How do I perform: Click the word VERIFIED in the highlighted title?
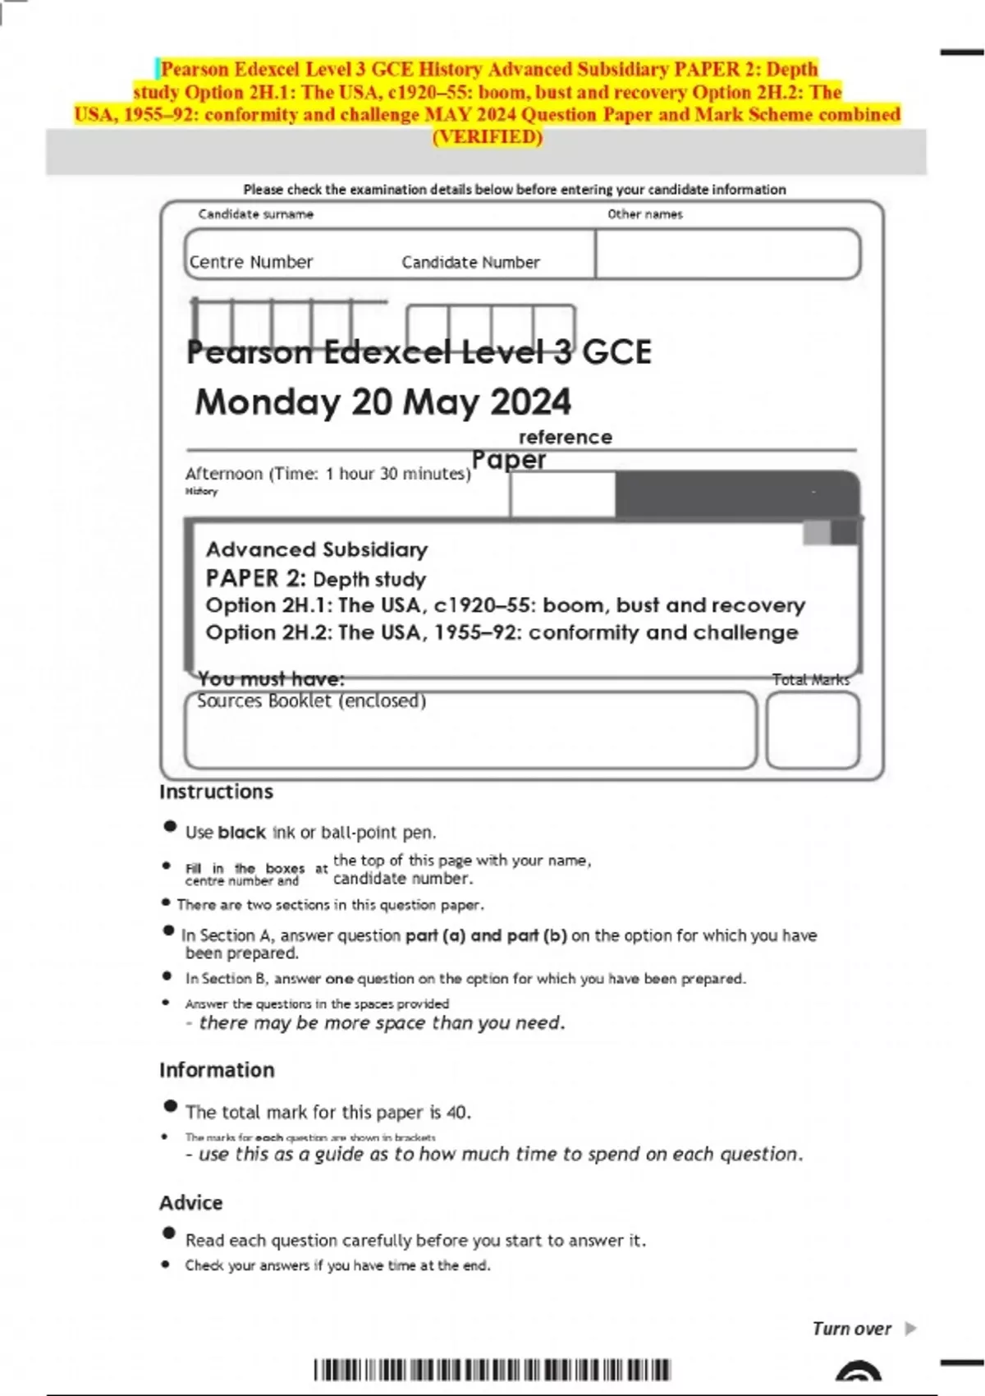tap(488, 137)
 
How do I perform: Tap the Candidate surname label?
tap(255, 214)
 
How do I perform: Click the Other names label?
tap(644, 214)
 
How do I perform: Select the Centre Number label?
tap(251, 262)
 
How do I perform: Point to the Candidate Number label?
tap(470, 263)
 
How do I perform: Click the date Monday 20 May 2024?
tap(383, 402)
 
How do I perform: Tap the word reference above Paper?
tap(565, 437)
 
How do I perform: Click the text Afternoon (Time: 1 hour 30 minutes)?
tap(328, 474)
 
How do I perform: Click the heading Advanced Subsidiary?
tap(316, 549)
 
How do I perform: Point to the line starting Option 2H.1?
tap(505, 605)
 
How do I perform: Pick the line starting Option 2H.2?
tap(501, 632)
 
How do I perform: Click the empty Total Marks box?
tap(813, 730)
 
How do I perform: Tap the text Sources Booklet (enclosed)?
tap(311, 701)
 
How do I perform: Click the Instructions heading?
tap(216, 792)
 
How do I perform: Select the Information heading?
tap(217, 1070)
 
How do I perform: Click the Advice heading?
tap(190, 1202)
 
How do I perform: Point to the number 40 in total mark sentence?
tap(456, 1113)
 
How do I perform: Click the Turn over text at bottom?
tap(851, 1329)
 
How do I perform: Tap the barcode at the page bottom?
tap(492, 1370)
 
